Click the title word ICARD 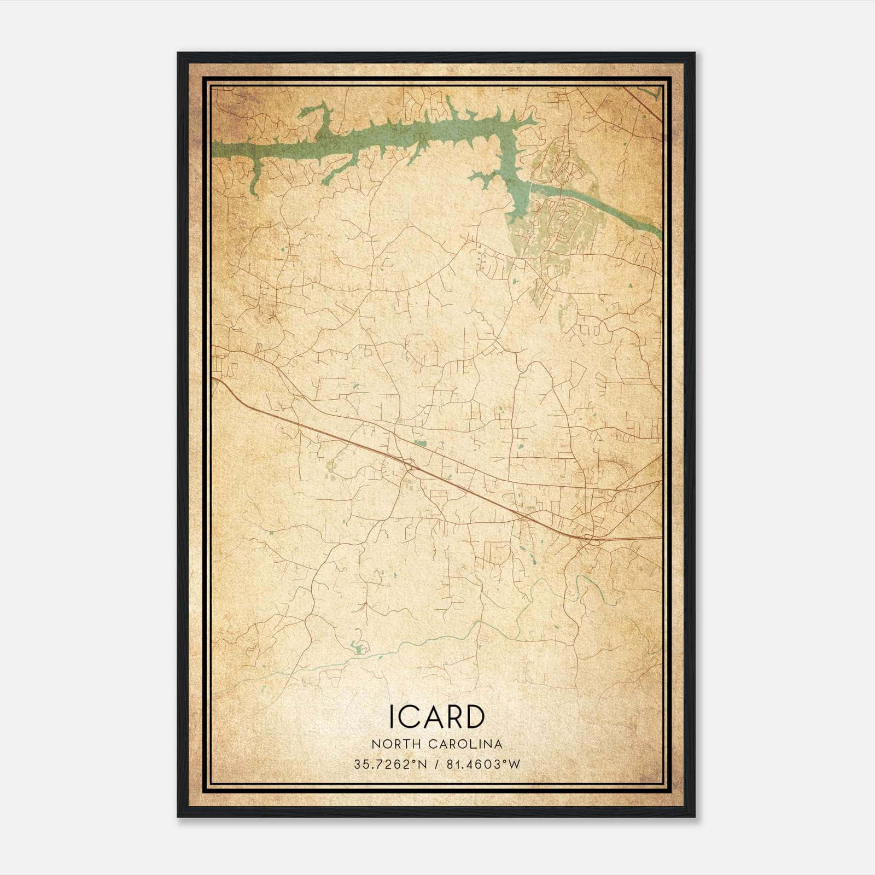[x=436, y=716]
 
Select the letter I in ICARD [x=392, y=716]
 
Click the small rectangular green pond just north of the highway [x=420, y=443]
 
